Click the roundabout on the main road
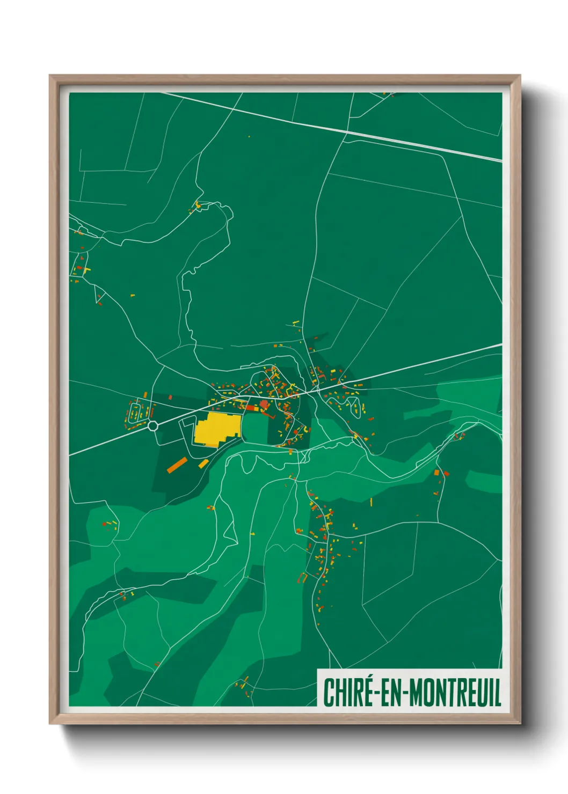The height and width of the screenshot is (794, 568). [153, 426]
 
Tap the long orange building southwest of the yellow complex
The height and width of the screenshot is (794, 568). [176, 465]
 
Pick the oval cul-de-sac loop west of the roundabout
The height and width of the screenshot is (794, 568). [135, 412]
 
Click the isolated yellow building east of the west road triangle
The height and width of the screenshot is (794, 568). [132, 295]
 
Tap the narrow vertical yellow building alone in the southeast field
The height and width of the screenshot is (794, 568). [371, 502]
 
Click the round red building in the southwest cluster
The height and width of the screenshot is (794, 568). [104, 524]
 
